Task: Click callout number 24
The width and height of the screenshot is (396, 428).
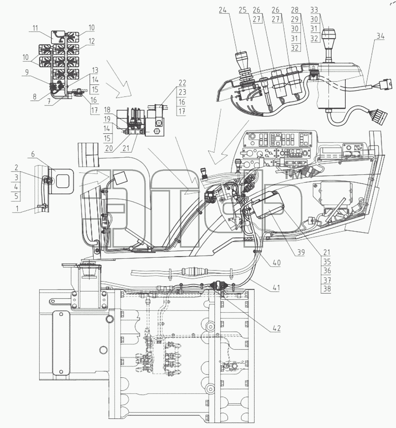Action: tap(223, 10)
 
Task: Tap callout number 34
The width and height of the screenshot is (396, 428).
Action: tap(380, 36)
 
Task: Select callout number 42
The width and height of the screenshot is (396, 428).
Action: tap(277, 329)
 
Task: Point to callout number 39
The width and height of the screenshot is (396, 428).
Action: tap(301, 252)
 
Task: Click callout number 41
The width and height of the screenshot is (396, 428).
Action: tap(276, 287)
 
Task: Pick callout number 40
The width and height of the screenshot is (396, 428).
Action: tap(277, 262)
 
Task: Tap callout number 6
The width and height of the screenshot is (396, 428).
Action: tap(33, 154)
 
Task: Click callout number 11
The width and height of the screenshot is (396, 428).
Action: tap(35, 28)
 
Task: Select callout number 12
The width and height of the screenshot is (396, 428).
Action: tap(92, 41)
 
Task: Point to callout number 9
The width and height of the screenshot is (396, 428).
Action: tap(27, 72)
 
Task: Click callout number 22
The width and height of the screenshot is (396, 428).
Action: tap(182, 83)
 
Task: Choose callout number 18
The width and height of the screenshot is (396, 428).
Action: tap(107, 110)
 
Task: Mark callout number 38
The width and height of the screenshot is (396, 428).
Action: tap(327, 289)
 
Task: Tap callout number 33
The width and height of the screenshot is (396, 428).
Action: tap(314, 10)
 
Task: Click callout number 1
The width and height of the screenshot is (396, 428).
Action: tap(17, 209)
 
